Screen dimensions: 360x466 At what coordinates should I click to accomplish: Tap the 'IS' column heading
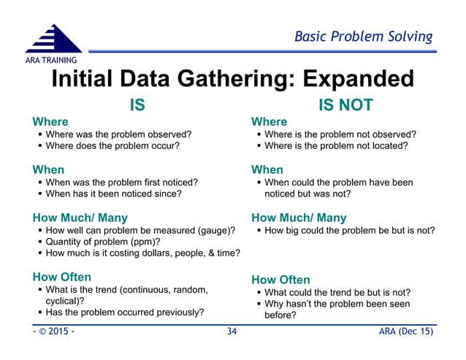[x=137, y=105]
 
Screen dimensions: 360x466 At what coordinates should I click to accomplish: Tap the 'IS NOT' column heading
[x=345, y=105]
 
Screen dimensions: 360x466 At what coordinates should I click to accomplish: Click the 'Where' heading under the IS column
[x=50, y=121]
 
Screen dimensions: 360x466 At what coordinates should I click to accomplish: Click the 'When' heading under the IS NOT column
[x=267, y=169]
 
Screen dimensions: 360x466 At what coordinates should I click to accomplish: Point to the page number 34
[x=232, y=332]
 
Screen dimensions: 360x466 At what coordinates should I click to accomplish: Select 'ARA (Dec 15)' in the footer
[x=405, y=332]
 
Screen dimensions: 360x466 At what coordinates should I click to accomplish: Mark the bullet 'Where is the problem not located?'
[x=336, y=145]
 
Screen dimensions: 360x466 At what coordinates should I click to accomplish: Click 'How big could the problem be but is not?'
[x=349, y=231]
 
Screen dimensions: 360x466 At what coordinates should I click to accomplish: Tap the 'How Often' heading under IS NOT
[x=280, y=280]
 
